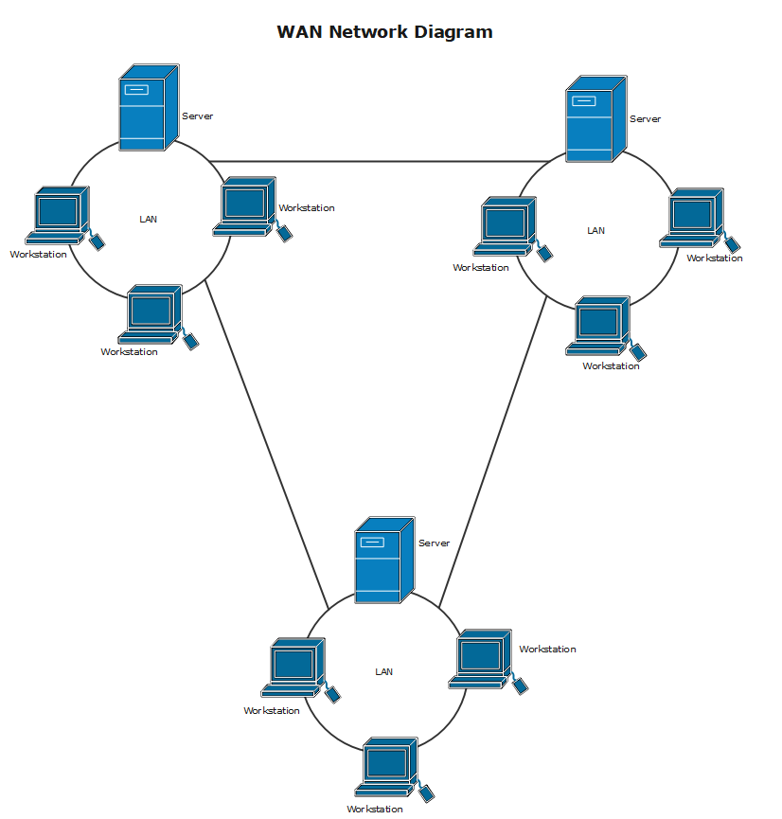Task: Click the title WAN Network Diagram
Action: click(384, 31)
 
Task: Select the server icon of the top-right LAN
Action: click(595, 119)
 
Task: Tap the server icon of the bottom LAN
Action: click(383, 561)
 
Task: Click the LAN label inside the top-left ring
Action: click(149, 219)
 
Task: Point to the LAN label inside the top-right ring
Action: click(595, 230)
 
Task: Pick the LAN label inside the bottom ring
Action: click(383, 671)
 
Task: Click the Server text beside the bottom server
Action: click(434, 543)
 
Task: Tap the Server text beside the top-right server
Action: click(645, 119)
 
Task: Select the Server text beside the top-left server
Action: click(197, 116)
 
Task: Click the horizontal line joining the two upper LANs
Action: click(379, 161)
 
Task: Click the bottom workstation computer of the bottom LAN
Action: click(387, 765)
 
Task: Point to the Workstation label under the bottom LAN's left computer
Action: click(271, 710)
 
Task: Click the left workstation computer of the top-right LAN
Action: click(506, 225)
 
